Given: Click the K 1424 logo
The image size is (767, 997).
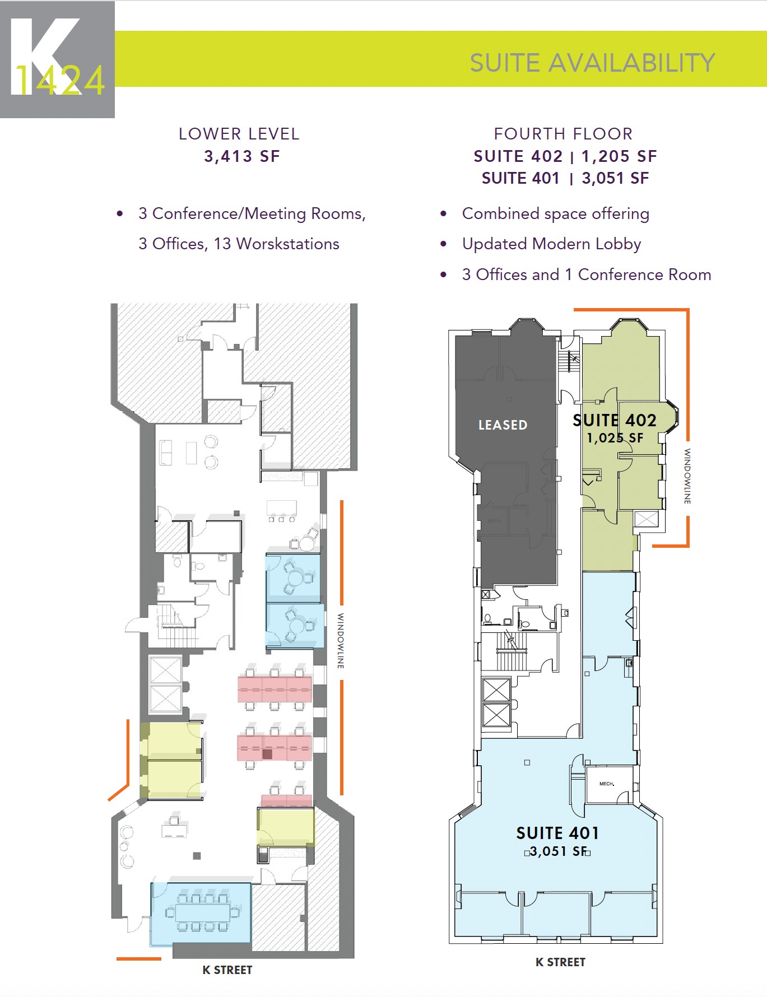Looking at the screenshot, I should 57,59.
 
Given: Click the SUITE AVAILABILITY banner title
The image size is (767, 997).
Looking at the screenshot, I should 592,63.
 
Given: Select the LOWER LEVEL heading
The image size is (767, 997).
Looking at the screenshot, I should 239,134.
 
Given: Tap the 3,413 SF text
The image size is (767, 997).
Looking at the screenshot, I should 241,156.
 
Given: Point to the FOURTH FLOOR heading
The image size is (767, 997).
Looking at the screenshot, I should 563,134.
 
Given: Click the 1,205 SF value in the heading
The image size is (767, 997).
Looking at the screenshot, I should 619,156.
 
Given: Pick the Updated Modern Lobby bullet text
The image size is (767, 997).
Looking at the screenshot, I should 551,244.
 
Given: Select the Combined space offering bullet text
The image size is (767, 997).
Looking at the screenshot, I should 555,214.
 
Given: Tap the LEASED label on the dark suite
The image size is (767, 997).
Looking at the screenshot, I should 503,425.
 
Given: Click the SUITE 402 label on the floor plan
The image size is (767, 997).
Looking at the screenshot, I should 614,420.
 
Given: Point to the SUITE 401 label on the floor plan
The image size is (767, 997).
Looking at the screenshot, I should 557,833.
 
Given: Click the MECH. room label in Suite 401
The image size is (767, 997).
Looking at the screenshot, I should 606,784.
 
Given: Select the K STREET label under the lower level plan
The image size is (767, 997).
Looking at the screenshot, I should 227,970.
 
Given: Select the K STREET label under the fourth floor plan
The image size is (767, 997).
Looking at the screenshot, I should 560,962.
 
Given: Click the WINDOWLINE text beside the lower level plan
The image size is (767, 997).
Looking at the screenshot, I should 340,641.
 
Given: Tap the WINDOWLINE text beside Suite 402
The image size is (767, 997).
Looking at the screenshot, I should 687,476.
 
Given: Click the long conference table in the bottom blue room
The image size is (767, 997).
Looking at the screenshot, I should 202,912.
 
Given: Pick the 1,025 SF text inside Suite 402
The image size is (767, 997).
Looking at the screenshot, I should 615,438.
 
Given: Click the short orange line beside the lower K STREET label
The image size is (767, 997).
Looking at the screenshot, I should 138,959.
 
